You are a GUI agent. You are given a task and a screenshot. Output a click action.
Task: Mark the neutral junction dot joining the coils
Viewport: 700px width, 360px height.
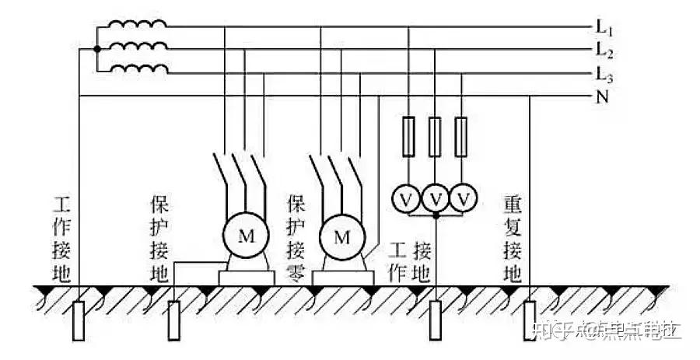(x=97, y=49)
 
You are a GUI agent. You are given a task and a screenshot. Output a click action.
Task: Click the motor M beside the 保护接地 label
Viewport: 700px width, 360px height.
(x=245, y=236)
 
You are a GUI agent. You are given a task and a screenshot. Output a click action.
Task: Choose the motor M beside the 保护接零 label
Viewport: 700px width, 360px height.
(x=341, y=236)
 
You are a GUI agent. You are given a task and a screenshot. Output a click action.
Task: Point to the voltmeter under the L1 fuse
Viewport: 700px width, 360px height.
(x=406, y=199)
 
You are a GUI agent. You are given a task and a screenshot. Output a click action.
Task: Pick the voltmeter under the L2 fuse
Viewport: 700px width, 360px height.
(x=436, y=199)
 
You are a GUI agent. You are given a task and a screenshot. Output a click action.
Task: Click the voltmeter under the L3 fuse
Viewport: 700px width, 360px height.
(x=464, y=199)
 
